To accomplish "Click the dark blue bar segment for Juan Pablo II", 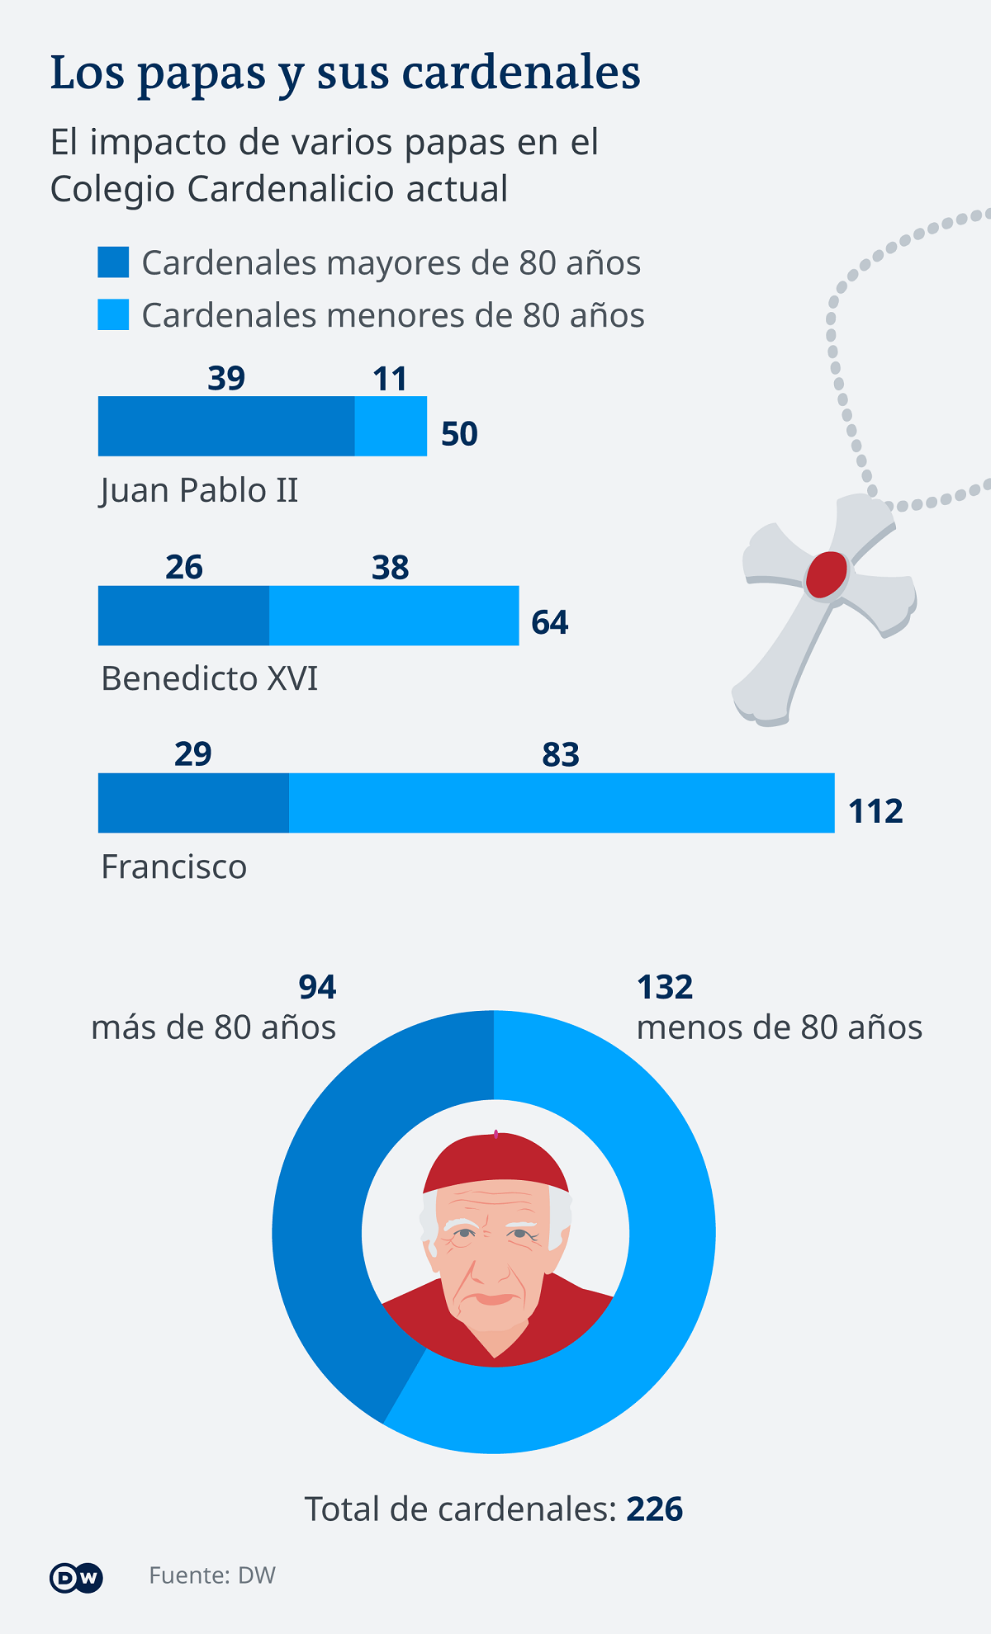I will pos(226,426).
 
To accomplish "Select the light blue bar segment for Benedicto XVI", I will pos(394,616).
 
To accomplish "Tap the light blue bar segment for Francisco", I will pos(562,803).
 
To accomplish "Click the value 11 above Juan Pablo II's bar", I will pos(390,380).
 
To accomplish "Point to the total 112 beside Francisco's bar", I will pos(875,811).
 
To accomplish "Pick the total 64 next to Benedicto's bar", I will pos(549,622).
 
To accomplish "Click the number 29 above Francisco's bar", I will pos(192,754).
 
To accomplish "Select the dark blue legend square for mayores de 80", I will pos(113,262).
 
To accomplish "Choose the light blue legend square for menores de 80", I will pos(113,314).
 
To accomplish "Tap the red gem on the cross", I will pos(827,574).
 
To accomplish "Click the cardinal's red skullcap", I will pos(495,1159).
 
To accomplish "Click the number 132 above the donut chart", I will pos(665,987).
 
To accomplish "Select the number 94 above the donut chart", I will pos(317,987).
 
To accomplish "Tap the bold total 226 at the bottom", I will pos(655,1509).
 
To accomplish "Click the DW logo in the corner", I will pos(76,1577).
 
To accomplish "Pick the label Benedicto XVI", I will pos(209,678).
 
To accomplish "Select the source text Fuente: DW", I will pos(212,1575).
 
